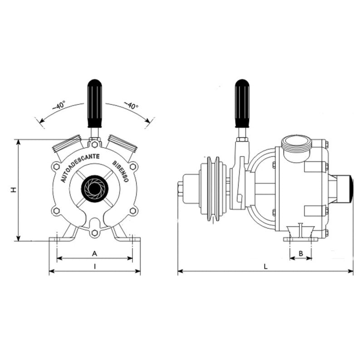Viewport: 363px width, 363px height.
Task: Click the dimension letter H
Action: pos(14,190)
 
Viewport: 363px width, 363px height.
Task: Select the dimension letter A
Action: pos(94,254)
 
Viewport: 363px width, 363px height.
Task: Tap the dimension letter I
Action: pos(94,267)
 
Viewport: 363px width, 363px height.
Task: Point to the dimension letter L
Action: pos(266,267)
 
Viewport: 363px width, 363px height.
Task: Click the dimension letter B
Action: pos(301,253)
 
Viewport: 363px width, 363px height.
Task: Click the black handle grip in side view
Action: pos(242,103)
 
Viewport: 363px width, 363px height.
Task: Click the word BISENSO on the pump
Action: pos(121,171)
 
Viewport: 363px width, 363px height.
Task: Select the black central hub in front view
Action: pos(94,187)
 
